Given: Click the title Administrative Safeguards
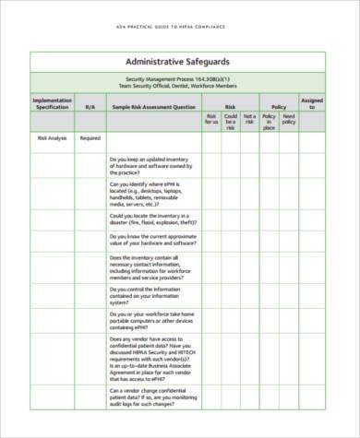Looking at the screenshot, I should pos(179,61).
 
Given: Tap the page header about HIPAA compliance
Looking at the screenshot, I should pos(180,26).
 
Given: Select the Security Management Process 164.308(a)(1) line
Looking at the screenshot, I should pos(179,79).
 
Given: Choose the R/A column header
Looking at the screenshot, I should pos(90,107).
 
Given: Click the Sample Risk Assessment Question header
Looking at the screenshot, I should pos(153,107).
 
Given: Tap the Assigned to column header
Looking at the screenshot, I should pos(312,102).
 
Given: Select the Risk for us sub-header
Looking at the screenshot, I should pos(211,119).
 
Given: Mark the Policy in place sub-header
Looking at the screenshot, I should pos(269,123).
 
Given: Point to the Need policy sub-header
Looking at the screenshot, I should pos(288,119).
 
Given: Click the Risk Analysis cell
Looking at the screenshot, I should pos(52,138).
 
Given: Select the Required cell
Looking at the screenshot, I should pos(90,138).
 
